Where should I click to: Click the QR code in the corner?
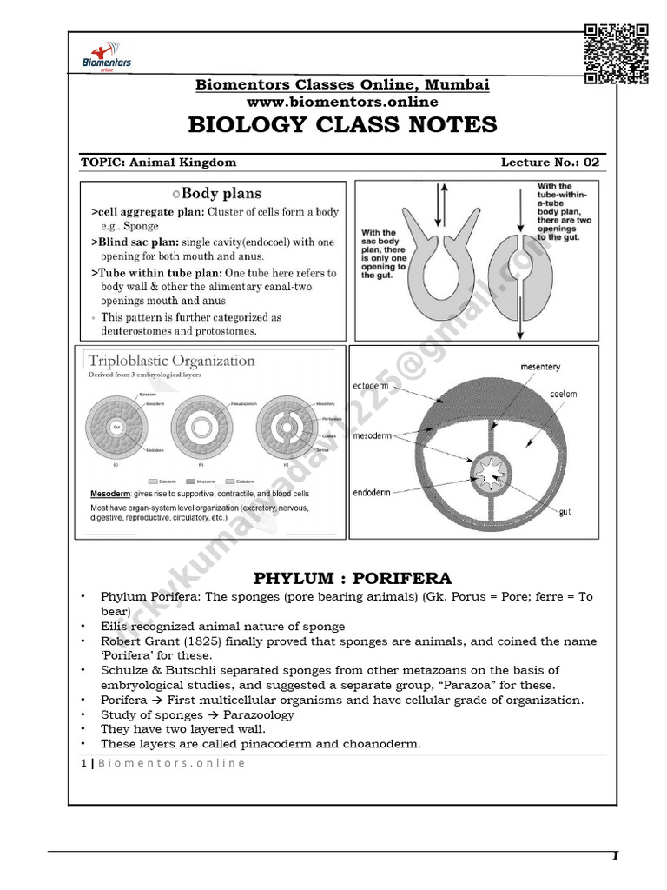617,54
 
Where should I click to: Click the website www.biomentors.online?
341,102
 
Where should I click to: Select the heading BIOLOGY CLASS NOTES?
342,125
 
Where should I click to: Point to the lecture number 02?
591,162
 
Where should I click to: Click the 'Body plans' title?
216,194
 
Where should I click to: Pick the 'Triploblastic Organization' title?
169,361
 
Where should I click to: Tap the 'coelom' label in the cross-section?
562,394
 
